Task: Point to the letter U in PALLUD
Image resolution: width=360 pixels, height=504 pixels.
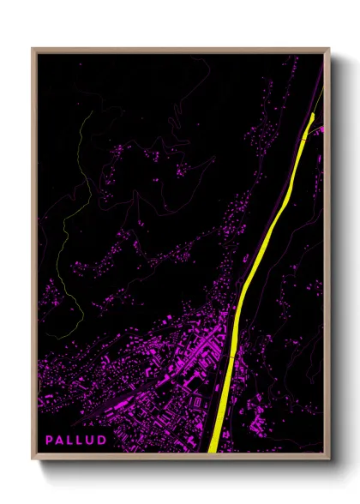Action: click(x=91, y=440)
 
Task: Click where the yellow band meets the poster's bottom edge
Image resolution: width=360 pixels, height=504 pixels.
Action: click(x=213, y=451)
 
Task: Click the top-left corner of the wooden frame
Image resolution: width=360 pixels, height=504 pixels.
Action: click(x=33, y=49)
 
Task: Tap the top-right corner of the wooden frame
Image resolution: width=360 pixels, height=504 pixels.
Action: click(x=328, y=49)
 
